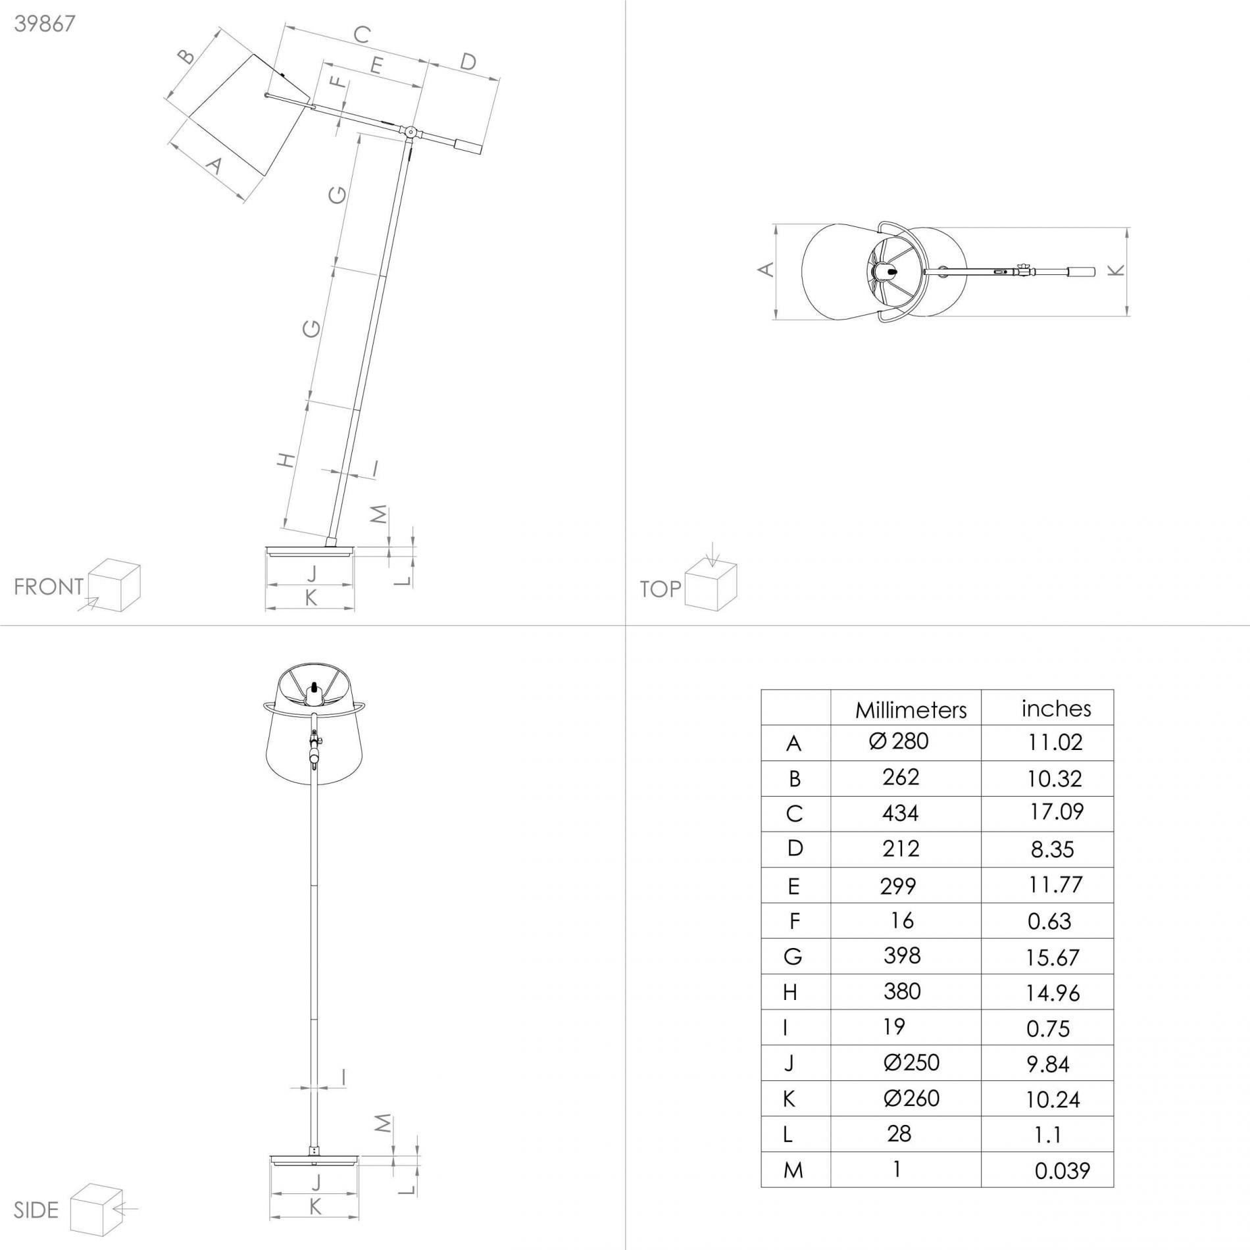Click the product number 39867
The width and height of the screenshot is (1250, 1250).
pos(45,24)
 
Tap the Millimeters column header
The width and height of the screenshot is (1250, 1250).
pos(911,710)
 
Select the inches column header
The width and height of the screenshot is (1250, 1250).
pos(1056,709)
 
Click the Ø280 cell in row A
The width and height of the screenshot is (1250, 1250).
pos(898,741)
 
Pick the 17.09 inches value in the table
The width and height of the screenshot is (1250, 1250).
pos(1057,811)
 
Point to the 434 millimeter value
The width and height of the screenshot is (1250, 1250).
pos(900,813)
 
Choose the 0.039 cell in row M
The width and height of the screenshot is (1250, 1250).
pos(1062,1171)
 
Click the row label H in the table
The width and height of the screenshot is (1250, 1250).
pos(790,992)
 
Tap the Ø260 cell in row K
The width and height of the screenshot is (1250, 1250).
pos(911,1098)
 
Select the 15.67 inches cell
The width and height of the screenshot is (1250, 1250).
pos(1052,957)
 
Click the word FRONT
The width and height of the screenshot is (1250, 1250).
pos(49,586)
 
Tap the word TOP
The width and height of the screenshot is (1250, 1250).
pos(661,589)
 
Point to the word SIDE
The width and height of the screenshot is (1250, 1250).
pos(36,1210)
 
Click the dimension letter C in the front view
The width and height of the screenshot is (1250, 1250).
pos(361,34)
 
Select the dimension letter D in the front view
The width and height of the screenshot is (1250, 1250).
pos(467,62)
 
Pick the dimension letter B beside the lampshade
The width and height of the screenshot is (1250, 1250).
pos(187,57)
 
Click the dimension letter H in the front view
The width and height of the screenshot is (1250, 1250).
pos(286,460)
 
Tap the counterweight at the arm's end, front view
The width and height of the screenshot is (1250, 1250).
pos(469,147)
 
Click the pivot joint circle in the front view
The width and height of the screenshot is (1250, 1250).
pos(411,133)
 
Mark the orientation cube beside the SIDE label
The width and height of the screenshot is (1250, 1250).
pos(96,1209)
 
